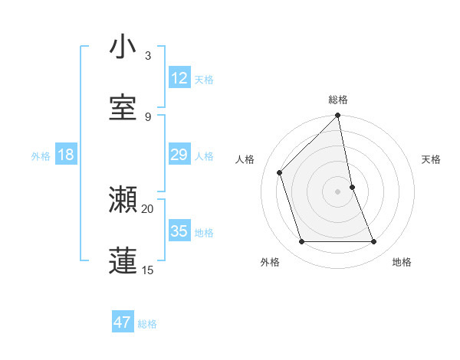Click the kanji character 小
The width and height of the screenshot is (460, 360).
[x=123, y=47]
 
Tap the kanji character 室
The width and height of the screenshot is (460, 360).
[x=123, y=108]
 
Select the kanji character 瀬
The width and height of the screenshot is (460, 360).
[x=123, y=199]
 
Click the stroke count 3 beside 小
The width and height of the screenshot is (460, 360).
[x=147, y=56]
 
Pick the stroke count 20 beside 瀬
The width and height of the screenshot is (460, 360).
[x=148, y=208]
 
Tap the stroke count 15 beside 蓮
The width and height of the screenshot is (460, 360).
[x=148, y=270]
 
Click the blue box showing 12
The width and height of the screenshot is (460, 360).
[x=179, y=78]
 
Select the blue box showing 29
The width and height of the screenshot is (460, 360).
[x=179, y=155]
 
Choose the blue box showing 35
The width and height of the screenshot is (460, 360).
[x=179, y=231]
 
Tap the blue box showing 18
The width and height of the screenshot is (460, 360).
[x=66, y=155]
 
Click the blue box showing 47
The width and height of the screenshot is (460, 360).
[x=123, y=322]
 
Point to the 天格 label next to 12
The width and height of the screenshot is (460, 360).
[x=204, y=80]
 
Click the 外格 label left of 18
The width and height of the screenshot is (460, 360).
[x=41, y=156]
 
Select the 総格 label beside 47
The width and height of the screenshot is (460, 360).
[x=147, y=324]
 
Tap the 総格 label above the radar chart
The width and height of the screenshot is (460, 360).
[x=338, y=100]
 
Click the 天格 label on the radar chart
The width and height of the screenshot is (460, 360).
[x=432, y=159]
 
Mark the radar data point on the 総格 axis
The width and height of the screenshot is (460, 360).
[x=338, y=116]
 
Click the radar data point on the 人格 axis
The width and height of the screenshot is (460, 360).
[x=280, y=172]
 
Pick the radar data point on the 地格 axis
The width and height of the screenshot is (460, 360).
[x=374, y=242]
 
